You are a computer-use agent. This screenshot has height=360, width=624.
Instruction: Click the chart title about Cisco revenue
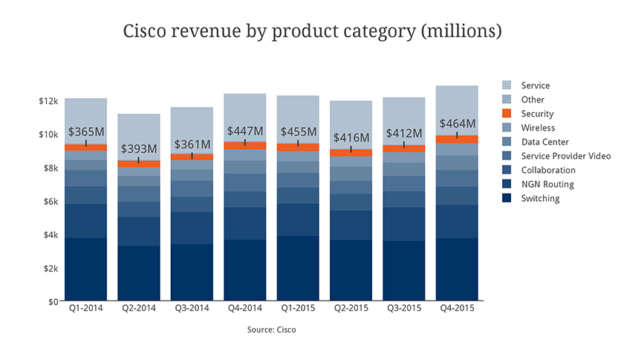coord(312,32)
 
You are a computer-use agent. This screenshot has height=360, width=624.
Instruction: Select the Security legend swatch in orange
coord(507,114)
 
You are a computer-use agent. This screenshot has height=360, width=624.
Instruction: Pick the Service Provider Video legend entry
coord(565,156)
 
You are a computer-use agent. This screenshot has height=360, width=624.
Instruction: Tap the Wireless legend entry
coord(538,128)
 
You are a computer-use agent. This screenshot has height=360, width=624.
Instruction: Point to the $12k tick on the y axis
coord(48,101)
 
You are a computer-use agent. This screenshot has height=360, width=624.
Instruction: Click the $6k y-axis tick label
coord(51,201)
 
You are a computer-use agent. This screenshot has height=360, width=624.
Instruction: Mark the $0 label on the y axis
coord(53,301)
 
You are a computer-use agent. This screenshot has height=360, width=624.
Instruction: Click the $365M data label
coord(86,131)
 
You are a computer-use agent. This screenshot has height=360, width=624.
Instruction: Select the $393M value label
coord(139,148)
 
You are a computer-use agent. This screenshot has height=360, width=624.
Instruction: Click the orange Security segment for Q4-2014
coord(245,145)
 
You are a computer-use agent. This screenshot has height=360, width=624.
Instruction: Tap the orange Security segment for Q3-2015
coord(404,148)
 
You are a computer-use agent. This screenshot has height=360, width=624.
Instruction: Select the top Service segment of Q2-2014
coord(139,137)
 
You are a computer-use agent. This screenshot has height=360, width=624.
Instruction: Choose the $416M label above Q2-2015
coord(351,137)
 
